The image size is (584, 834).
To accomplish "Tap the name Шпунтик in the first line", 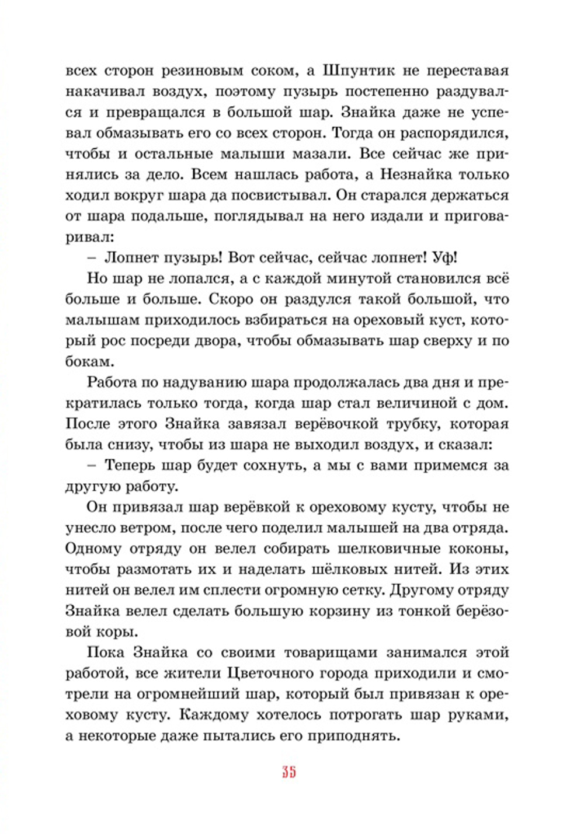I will (359, 71).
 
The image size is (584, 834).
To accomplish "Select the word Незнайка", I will (416, 175).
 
